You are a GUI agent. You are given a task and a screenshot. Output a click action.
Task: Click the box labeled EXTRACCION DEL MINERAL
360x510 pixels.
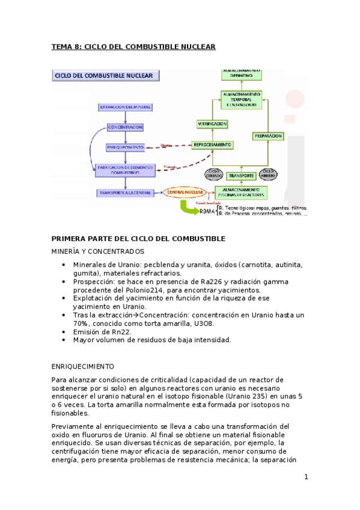pyautogui.click(x=124, y=107)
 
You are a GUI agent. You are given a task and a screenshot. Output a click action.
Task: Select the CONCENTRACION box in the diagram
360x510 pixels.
pyautogui.click(x=125, y=127)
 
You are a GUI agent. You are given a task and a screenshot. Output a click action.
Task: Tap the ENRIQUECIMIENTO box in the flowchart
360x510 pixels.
pyautogui.click(x=125, y=147)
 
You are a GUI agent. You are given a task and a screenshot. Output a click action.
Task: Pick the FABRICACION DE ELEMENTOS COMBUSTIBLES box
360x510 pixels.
pyautogui.click(x=125, y=170)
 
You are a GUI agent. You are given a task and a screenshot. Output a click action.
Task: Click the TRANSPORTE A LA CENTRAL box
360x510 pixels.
pyautogui.click(x=125, y=192)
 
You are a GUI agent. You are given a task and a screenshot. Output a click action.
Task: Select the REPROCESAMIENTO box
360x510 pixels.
pyautogui.click(x=212, y=145)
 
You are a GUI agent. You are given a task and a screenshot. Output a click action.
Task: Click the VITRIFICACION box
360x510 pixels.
pyautogui.click(x=212, y=124)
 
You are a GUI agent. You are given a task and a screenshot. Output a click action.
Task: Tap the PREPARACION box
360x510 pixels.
pyautogui.click(x=268, y=137)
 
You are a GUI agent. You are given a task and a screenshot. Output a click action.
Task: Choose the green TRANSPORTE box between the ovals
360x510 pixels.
pyautogui.click(x=241, y=176)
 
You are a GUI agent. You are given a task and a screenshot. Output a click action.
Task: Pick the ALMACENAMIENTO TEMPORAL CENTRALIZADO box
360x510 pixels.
pyautogui.click(x=240, y=99)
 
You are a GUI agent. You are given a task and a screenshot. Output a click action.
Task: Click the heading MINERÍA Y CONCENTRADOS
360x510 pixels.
pyautogui.click(x=97, y=251)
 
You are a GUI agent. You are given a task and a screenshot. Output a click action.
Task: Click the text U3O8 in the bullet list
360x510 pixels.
pyautogui.click(x=205, y=323)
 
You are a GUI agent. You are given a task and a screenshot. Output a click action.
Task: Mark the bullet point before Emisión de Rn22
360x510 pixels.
pyautogui.click(x=64, y=331)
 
